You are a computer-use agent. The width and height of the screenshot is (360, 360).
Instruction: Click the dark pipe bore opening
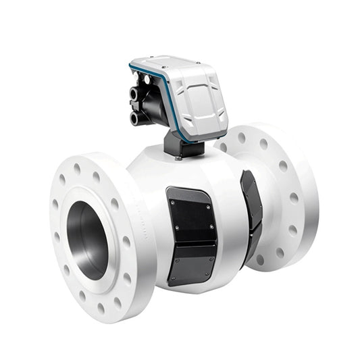tap(88, 240)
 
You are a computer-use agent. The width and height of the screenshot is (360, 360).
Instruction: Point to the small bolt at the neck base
tap(177, 159)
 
